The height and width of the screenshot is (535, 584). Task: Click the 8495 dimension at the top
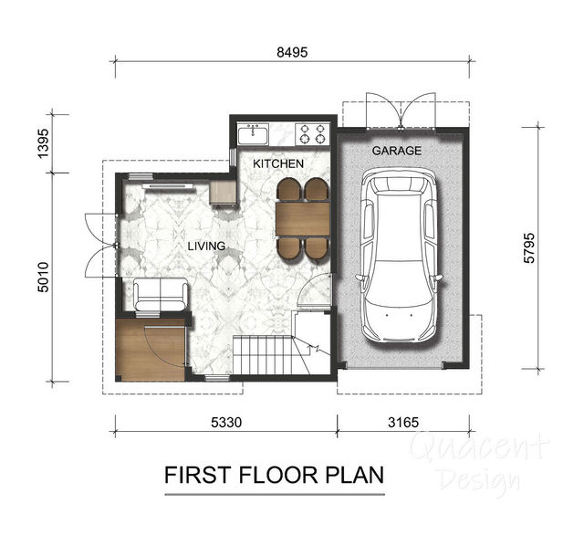[x=292, y=53]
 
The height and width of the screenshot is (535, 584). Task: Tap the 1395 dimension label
[x=44, y=143]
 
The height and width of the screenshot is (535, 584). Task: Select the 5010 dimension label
[x=44, y=278]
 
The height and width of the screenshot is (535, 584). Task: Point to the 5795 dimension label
[x=529, y=248]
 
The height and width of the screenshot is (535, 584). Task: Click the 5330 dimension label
[x=226, y=423]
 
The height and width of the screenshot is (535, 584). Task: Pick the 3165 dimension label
[x=403, y=423]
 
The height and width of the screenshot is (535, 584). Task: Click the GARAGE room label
[x=397, y=151]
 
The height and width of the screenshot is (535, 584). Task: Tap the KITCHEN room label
[x=278, y=163]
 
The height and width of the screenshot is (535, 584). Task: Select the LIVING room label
[x=206, y=246]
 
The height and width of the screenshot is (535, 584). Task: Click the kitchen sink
[x=254, y=134]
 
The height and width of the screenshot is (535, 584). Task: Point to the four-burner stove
[x=312, y=134]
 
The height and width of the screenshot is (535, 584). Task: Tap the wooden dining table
[x=303, y=219]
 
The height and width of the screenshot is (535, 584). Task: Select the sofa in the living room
[x=161, y=294]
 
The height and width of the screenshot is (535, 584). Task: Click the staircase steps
[x=263, y=354]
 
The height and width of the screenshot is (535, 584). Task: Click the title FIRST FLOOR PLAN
[x=274, y=475]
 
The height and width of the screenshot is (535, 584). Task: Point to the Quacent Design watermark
[x=479, y=462]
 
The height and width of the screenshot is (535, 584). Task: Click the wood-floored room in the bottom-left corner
[x=151, y=350]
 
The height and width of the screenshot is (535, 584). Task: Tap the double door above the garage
[x=401, y=110]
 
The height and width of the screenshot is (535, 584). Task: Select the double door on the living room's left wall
[x=100, y=246]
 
